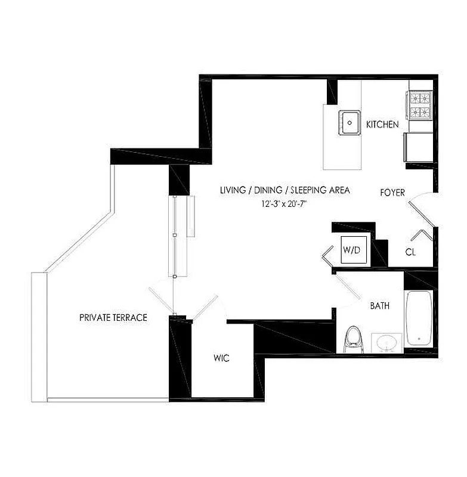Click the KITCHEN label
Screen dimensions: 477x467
(382, 125)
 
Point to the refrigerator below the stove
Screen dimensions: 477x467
(416, 147)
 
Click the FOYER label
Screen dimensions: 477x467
(392, 193)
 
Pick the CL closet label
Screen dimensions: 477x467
(410, 252)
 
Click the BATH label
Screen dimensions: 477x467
(380, 306)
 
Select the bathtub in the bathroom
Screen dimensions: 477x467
(419, 317)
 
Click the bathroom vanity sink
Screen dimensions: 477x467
(386, 342)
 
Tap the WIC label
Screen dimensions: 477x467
(221, 358)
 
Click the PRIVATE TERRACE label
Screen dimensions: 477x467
(113, 317)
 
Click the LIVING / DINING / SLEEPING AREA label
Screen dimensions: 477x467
(284, 191)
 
